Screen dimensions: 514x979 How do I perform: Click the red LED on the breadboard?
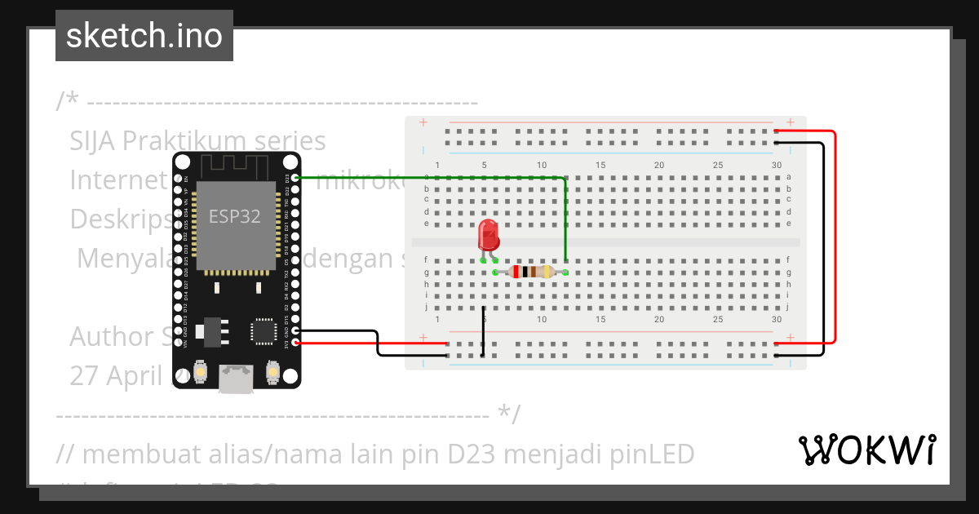(489, 235)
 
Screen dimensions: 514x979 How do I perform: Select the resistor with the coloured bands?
(530, 272)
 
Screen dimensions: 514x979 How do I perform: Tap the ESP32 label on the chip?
(234, 216)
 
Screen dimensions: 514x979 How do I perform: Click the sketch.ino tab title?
(144, 36)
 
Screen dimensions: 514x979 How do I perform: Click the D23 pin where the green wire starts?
(295, 177)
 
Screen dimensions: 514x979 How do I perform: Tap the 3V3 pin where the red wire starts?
(295, 343)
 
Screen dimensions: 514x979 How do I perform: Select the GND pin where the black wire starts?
(295, 331)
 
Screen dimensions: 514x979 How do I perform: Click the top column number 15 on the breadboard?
(600, 166)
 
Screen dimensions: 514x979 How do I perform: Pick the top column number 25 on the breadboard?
(718, 166)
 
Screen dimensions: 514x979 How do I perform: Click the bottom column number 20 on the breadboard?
(659, 319)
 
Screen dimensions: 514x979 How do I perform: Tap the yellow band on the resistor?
(544, 272)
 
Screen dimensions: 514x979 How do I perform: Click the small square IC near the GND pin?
(264, 331)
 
